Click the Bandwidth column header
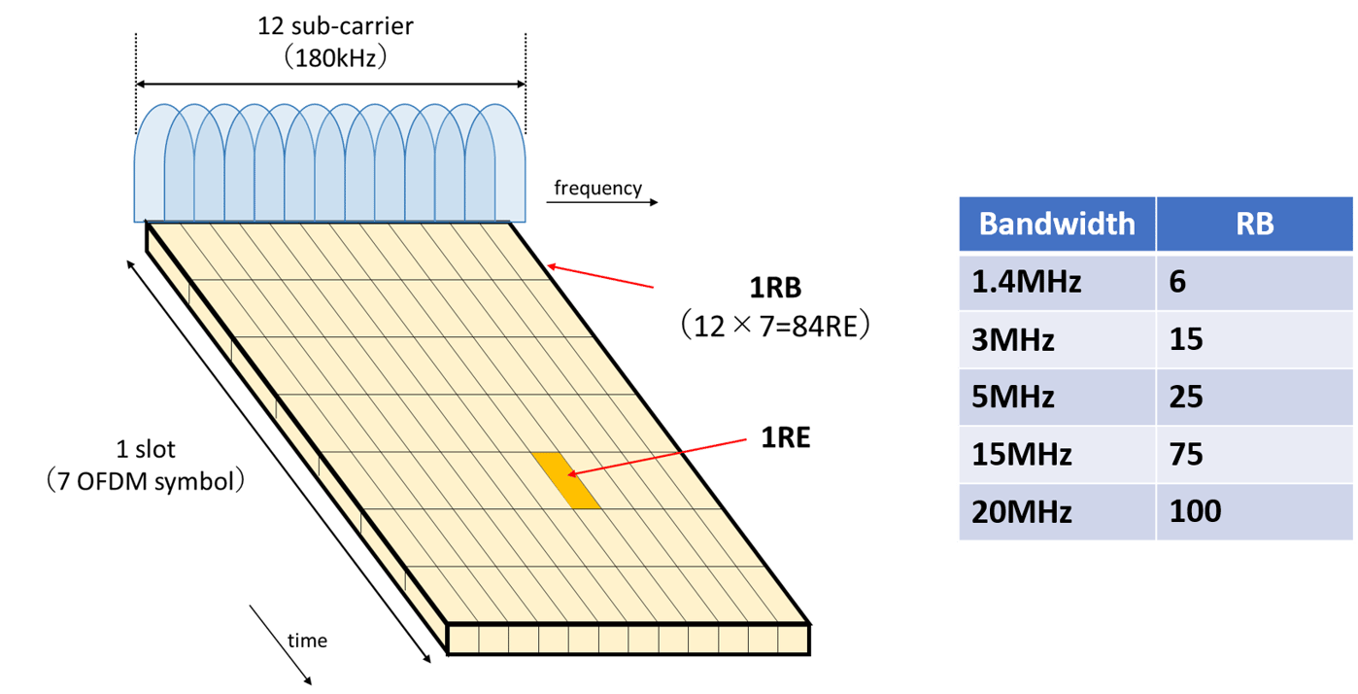[1057, 224]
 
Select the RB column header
[1255, 224]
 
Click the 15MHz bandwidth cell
[1022, 454]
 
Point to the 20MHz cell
[1024, 511]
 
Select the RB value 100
[1196, 511]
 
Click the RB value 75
[1187, 454]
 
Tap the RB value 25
[1187, 397]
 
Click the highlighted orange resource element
[565, 479]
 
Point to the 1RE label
[785, 438]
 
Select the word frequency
[598, 189]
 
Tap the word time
[307, 641]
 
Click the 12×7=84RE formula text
[775, 327]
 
